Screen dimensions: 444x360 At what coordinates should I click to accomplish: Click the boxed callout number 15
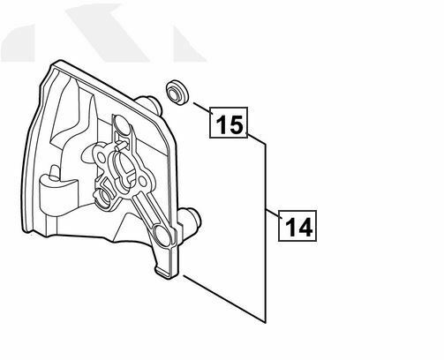click(x=229, y=123)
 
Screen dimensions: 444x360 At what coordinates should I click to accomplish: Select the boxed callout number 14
click(x=297, y=226)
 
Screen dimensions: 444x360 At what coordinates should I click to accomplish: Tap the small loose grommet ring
click(x=177, y=92)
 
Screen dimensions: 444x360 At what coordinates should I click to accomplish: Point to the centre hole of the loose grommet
click(x=173, y=93)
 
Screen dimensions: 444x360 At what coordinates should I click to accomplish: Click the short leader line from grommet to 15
click(x=202, y=108)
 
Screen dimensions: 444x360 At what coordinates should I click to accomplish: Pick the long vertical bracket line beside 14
click(x=266, y=233)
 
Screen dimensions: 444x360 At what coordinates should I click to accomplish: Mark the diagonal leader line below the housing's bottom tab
click(x=224, y=298)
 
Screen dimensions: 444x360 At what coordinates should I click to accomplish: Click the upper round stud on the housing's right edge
click(x=150, y=104)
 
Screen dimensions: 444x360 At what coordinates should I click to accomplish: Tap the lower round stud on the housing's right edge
click(x=191, y=219)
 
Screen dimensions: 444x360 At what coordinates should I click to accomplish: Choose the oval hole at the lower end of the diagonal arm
click(x=162, y=235)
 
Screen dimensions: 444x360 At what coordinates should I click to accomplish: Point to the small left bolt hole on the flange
click(x=102, y=158)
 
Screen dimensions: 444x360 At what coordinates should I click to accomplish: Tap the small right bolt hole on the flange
click(x=142, y=180)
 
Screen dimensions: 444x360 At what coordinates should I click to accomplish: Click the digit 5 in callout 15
click(x=237, y=124)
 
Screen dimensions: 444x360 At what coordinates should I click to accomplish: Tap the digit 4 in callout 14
click(x=305, y=227)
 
